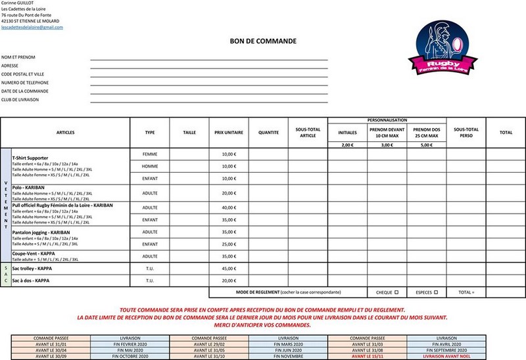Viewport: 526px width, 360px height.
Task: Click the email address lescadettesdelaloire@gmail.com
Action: click(32, 27)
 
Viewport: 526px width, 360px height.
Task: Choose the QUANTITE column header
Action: click(268, 132)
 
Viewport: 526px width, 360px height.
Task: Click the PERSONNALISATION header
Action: click(387, 120)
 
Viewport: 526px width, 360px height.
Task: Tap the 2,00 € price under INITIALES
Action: click(347, 145)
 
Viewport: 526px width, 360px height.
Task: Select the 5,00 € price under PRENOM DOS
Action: click(426, 145)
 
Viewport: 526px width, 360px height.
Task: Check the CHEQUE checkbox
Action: click(396, 292)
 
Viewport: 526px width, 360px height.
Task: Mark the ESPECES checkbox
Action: click(436, 292)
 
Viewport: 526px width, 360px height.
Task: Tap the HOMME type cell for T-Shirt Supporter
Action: click(150, 166)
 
